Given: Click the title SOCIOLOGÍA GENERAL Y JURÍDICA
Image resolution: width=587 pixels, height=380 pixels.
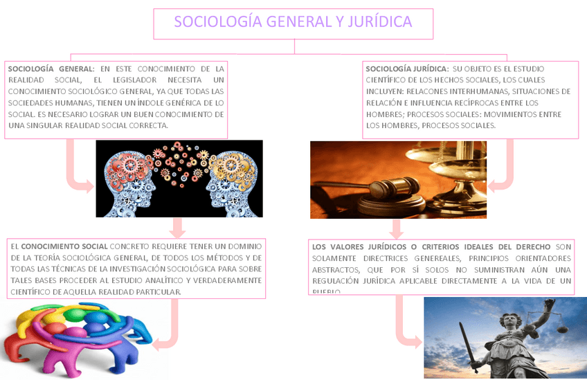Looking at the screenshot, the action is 293,22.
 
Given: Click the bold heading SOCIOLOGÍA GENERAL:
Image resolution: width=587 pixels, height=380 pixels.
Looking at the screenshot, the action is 51,69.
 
